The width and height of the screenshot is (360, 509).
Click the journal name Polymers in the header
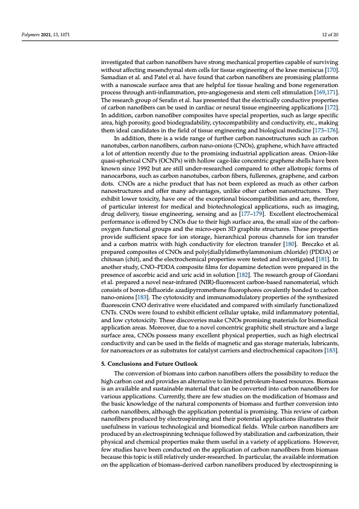click(x=27, y=36)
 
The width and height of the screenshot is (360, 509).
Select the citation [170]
click(x=330, y=71)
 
